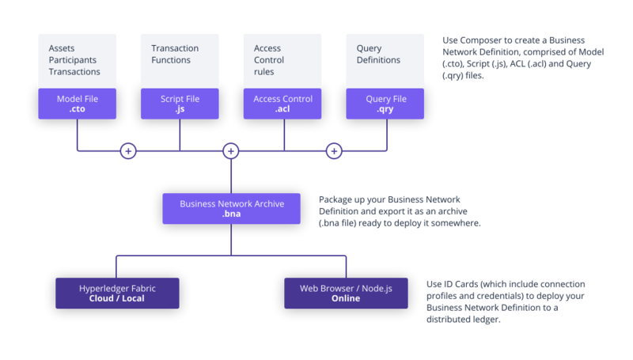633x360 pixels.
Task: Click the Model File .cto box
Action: tap(77, 104)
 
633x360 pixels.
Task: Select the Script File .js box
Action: tap(180, 104)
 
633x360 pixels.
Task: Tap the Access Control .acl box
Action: tap(282, 104)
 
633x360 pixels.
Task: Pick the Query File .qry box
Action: tap(386, 104)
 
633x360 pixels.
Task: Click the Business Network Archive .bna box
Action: tap(231, 208)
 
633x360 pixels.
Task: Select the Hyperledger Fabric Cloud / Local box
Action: tap(117, 293)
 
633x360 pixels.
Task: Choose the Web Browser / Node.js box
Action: tap(347, 293)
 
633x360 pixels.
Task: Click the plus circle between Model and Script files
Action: tap(128, 150)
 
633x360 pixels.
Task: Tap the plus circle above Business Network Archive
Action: tap(231, 150)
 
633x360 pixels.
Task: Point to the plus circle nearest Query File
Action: tap(334, 150)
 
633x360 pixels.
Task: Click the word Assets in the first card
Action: tap(62, 49)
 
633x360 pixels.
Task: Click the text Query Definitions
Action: tap(378, 55)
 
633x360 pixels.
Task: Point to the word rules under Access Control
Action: tap(265, 72)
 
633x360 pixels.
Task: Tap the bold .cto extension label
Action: tap(77, 111)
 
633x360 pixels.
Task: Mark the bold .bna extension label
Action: tap(231, 214)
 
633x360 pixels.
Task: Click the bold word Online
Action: tap(347, 299)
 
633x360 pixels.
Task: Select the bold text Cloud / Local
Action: tap(117, 299)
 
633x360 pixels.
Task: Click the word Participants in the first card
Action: tap(73, 60)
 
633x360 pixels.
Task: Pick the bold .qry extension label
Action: tap(386, 111)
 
